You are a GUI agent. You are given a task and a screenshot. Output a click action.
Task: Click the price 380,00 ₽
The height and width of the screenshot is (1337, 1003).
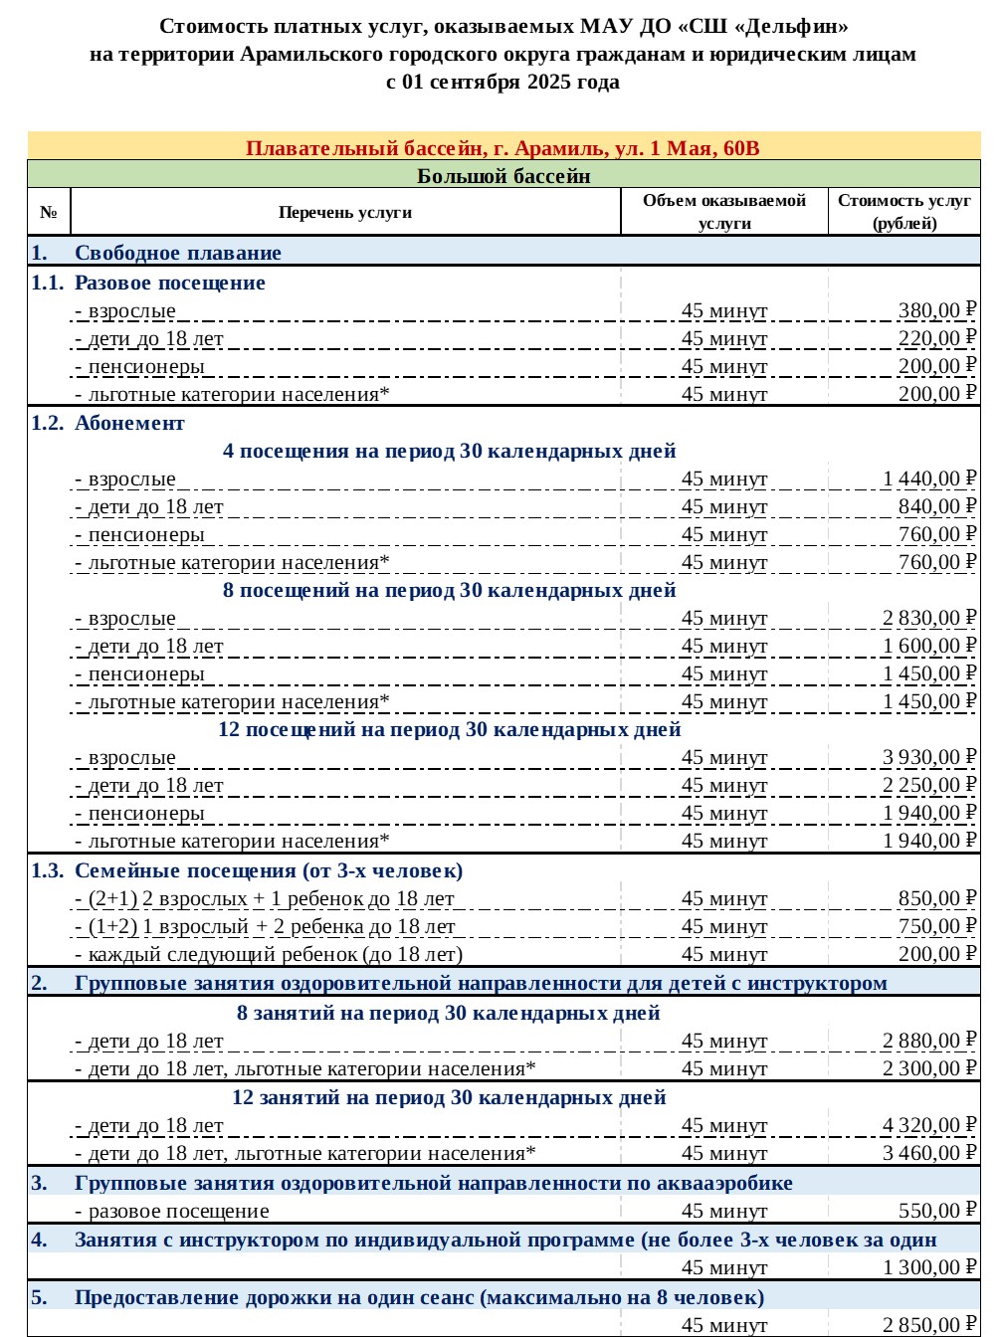[x=936, y=311]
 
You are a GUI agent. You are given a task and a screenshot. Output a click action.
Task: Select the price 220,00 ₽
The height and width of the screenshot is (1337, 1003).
[x=936, y=339]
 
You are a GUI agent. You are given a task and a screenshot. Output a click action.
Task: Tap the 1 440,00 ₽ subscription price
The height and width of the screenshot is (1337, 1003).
[x=928, y=479]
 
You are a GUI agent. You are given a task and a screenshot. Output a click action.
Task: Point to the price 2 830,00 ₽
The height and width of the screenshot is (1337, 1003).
[x=928, y=619]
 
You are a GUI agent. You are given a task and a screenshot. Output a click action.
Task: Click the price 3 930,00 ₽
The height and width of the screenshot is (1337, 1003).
[x=928, y=758]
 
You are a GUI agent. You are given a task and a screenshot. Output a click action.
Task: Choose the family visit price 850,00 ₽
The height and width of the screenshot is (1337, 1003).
[x=936, y=899]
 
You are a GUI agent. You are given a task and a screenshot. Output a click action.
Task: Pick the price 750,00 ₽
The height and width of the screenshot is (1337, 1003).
[x=936, y=927]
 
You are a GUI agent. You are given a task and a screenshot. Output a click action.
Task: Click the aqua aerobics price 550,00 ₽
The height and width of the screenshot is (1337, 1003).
[x=936, y=1212]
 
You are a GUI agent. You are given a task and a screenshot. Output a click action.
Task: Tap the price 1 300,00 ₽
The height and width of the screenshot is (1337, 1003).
[x=928, y=1268]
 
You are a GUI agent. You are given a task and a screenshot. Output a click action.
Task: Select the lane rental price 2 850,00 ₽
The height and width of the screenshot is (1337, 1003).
[x=928, y=1325]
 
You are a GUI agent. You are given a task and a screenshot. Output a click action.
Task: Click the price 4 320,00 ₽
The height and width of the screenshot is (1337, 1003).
[x=928, y=1126]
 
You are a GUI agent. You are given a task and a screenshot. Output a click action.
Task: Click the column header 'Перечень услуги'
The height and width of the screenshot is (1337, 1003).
[x=345, y=213]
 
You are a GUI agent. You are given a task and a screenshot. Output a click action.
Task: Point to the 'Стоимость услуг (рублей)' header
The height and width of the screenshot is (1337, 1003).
[x=903, y=212]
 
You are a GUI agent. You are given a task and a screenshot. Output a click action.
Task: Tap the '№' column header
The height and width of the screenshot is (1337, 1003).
[x=49, y=213]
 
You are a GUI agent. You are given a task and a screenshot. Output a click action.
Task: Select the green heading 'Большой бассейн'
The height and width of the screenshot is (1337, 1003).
[x=503, y=177]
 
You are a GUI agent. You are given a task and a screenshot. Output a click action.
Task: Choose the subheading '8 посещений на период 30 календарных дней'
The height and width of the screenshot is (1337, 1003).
[x=449, y=591]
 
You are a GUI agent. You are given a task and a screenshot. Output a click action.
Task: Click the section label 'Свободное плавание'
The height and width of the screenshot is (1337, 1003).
[x=178, y=254]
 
